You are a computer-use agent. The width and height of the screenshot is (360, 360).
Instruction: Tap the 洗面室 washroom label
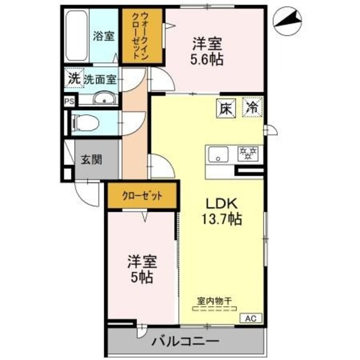pyautogui.click(x=100, y=79)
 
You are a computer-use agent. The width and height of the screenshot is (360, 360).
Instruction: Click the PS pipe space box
pyautogui.click(x=69, y=102)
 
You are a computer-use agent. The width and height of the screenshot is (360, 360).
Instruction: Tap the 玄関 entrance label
pyautogui.click(x=91, y=159)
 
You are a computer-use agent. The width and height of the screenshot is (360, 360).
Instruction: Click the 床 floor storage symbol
pyautogui.click(x=223, y=107)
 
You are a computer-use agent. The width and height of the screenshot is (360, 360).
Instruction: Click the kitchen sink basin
pyautogui.click(x=218, y=153)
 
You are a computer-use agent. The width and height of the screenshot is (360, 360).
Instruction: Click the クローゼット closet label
pyautogui.click(x=142, y=196)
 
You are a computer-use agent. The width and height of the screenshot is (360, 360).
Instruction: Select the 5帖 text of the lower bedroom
pyautogui.click(x=141, y=277)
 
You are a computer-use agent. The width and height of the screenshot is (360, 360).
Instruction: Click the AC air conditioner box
pyautogui.click(x=251, y=319)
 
